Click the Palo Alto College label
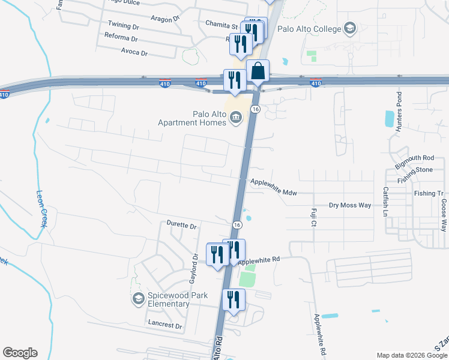click(309, 29)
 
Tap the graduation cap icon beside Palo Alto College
click(349, 29)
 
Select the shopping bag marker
click(258, 71)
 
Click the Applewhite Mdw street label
click(274, 188)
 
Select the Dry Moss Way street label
click(350, 205)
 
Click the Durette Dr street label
click(182, 226)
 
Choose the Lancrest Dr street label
click(164, 325)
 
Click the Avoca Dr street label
click(134, 53)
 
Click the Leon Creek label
click(41, 208)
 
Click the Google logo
click(20, 353)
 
